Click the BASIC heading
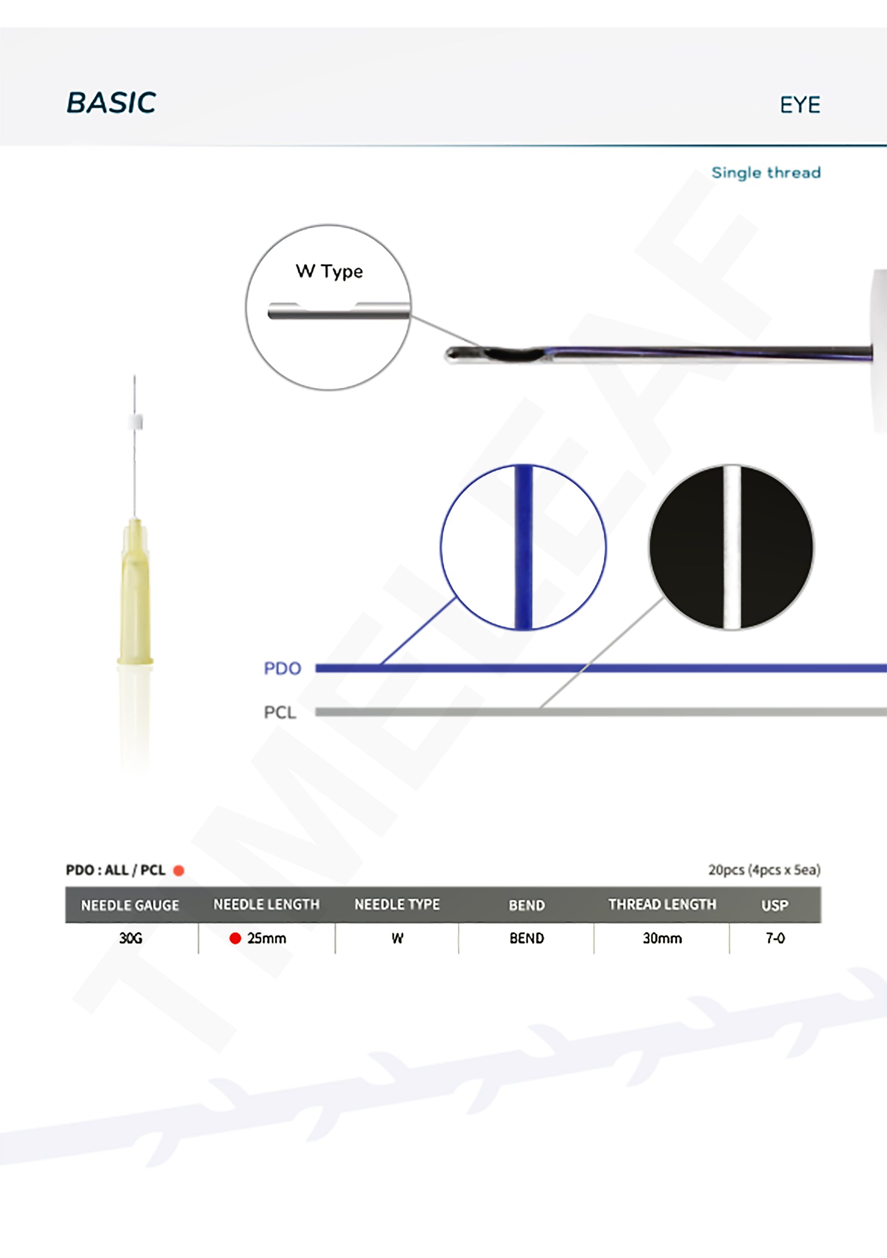111,102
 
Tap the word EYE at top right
800,104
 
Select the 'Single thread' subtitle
766,173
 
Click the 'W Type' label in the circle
329,272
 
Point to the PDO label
282,669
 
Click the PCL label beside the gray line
279,712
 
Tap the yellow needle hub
135,591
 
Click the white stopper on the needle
135,421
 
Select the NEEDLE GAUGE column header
130,905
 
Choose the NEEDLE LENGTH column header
266,905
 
